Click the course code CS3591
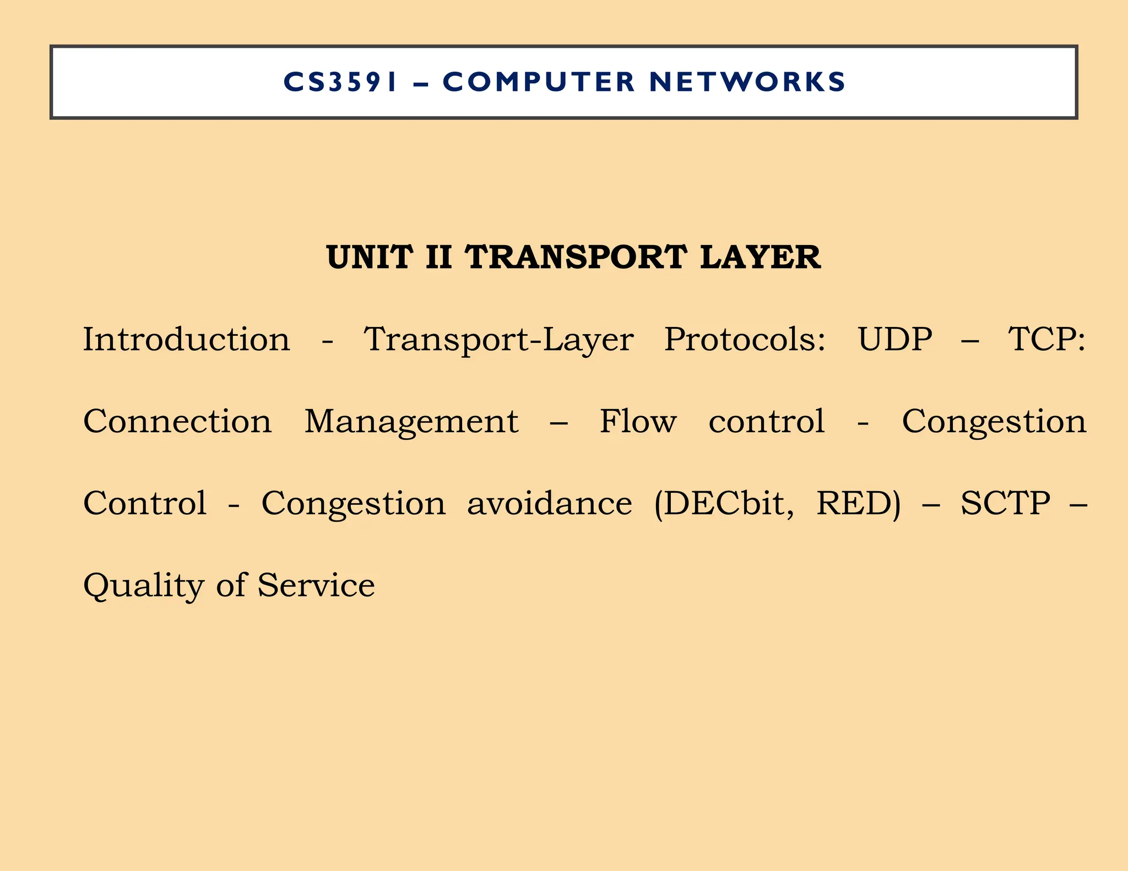pos(340,82)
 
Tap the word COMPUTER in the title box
pos(539,82)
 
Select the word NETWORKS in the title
pos(747,82)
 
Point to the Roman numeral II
pos(439,258)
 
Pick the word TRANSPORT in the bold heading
pos(576,258)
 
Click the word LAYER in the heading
pos(760,258)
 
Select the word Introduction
pos(186,339)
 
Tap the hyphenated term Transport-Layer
pos(498,340)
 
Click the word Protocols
pos(745,340)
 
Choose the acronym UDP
pos(895,339)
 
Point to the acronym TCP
pos(1046,339)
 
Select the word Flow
pos(638,421)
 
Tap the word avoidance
pos(550,503)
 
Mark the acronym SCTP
pos(1006,503)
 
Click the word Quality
pos(144,586)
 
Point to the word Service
pos(316,585)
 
